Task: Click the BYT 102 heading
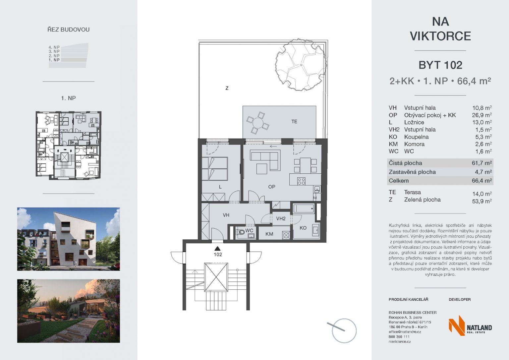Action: [440, 65]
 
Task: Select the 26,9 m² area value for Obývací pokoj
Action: [482, 115]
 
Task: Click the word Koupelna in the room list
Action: [416, 137]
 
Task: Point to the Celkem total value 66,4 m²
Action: [482, 181]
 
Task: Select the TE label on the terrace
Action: [294, 122]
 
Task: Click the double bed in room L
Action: [215, 169]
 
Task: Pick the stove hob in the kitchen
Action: [301, 181]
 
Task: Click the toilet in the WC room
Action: [241, 232]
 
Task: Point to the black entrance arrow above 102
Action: [218, 248]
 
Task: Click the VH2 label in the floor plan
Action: [281, 219]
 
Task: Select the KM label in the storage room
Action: [269, 234]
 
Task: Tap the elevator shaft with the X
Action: [216, 277]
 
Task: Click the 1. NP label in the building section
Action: [54, 60]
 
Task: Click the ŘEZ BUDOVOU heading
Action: [68, 29]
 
